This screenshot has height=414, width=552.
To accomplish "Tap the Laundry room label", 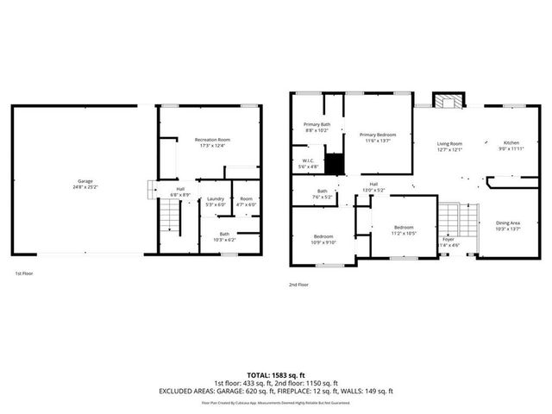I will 215,201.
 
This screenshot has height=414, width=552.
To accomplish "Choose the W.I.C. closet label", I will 308,162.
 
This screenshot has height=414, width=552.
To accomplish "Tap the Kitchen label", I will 511,145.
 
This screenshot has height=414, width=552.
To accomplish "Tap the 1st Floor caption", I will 23,273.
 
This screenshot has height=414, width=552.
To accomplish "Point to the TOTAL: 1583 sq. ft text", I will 275,373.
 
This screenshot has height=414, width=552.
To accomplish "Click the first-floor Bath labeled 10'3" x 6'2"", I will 223,236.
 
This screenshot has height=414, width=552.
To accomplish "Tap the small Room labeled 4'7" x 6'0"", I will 247,201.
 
